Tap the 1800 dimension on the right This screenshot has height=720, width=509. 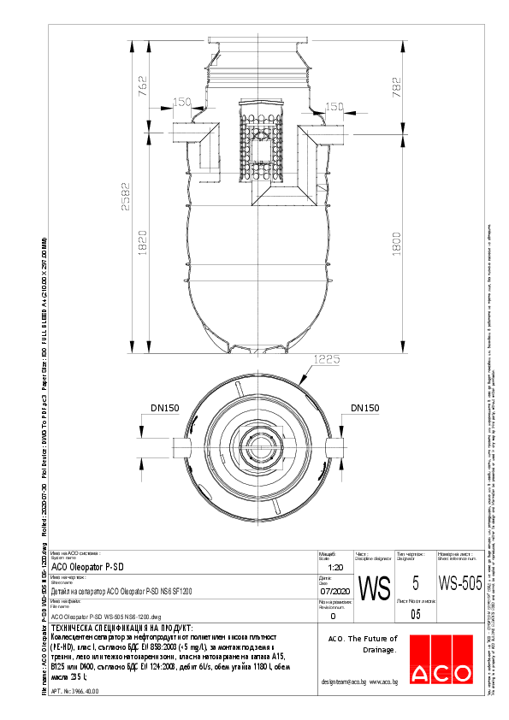(395, 242)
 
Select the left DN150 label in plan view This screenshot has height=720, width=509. (165, 409)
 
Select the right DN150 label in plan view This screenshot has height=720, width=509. (364, 409)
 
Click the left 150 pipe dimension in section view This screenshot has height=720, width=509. (181, 103)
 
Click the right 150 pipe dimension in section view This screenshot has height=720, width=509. (334, 107)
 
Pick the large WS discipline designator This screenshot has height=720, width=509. (372, 588)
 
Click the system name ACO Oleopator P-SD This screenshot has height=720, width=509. (88, 566)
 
